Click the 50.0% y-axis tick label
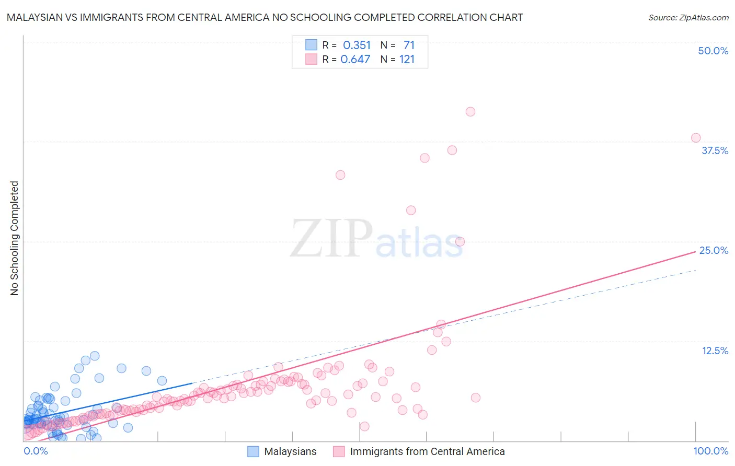click(713, 51)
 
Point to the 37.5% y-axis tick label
click(715, 150)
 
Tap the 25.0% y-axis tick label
click(714, 250)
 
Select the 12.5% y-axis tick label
click(715, 351)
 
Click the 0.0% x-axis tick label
click(36, 451)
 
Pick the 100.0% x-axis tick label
click(710, 451)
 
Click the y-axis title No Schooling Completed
click(14, 238)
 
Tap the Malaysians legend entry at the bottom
click(290, 452)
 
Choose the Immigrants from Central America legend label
click(427, 452)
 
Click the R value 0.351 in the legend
click(357, 45)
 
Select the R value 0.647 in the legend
click(355, 60)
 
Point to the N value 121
click(407, 60)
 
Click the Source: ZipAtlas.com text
click(688, 18)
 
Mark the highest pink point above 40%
click(470, 111)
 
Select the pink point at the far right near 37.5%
click(696, 138)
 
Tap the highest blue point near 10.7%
click(95, 356)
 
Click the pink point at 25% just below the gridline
click(460, 241)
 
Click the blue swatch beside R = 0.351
click(311, 45)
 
